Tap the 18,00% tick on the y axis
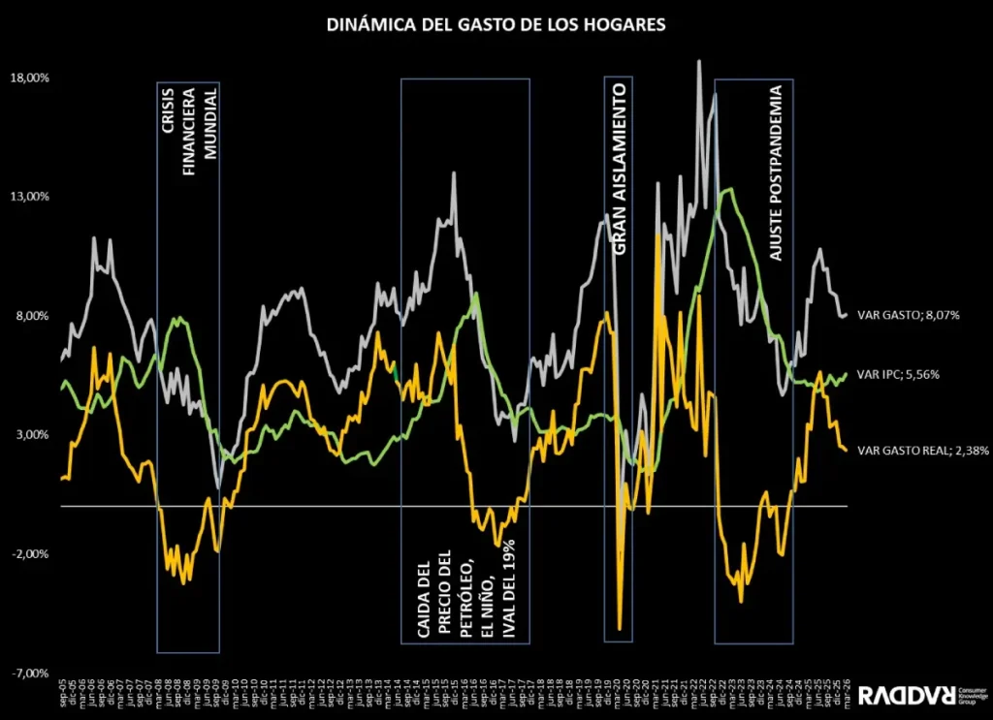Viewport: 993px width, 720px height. point(30,78)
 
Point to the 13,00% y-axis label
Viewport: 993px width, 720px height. point(30,197)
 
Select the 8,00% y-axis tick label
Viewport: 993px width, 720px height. point(32,316)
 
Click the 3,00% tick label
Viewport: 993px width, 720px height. point(32,435)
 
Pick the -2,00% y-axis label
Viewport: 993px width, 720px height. point(31,554)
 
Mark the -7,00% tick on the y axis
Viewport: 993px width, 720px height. point(31,673)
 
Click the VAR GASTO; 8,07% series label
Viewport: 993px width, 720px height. point(909,315)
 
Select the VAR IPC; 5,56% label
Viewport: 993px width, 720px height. point(899,375)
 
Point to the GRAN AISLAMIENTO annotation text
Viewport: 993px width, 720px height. point(619,169)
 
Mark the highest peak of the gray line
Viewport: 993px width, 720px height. point(698,61)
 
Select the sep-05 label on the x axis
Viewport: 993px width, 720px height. point(62,696)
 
